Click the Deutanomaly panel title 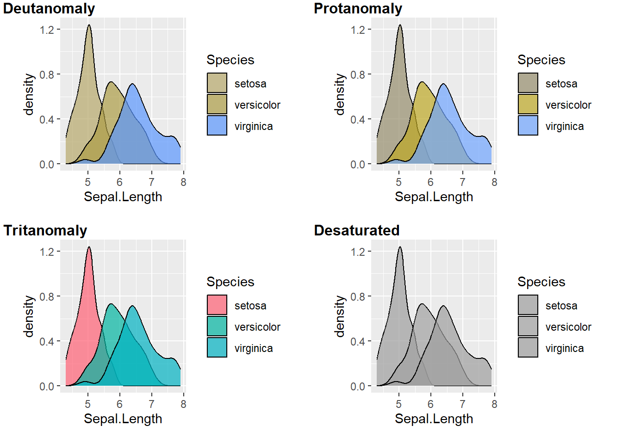coord(49,8)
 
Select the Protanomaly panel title coord(358,8)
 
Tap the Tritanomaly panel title coord(45,230)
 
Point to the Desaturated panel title coord(356,230)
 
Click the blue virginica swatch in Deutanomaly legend coord(217,125)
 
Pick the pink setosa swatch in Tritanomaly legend coord(217,305)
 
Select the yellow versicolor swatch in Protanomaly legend coord(528,104)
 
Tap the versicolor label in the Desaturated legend coord(568,327)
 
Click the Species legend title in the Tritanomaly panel coord(230,282)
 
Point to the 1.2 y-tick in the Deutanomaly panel coord(47,30)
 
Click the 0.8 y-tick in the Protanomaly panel coord(358,75)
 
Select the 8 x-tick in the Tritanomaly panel coord(183,404)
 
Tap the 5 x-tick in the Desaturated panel coord(398,404)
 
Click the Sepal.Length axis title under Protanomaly coord(434,197)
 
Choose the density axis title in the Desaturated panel coord(340,316)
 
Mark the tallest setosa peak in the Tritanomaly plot coord(89,247)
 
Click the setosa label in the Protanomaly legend coord(561,84)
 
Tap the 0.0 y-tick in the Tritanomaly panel coord(47,387)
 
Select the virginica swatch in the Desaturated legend coord(528,347)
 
